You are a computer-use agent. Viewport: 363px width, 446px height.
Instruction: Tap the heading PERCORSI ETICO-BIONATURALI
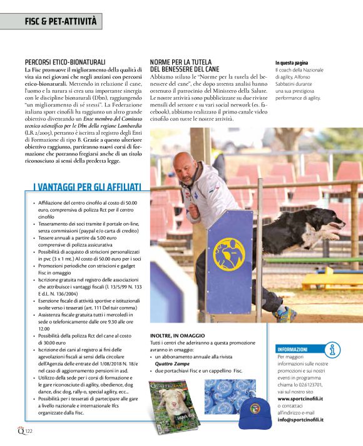point(65,63)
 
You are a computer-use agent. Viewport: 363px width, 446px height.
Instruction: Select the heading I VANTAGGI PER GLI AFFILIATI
point(88,186)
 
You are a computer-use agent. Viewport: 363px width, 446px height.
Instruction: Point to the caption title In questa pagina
point(292,63)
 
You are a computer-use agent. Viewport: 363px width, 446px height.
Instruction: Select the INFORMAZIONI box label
point(292,349)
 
